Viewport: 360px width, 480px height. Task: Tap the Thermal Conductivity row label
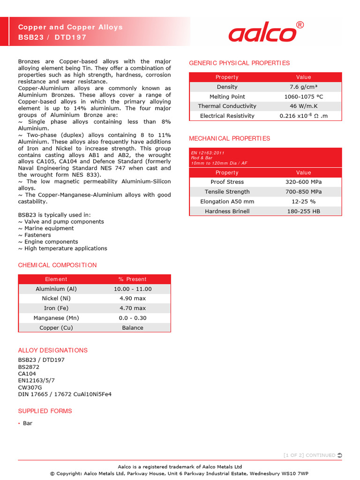click(227, 106)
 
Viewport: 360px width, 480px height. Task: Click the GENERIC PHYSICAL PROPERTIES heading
click(239, 63)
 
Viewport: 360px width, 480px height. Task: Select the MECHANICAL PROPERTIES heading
click(229, 138)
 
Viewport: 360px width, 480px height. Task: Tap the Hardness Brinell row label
click(227, 211)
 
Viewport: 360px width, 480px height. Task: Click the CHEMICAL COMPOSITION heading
click(57, 265)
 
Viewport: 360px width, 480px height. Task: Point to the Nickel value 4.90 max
click(133, 298)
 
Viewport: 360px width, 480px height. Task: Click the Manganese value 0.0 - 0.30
click(133, 318)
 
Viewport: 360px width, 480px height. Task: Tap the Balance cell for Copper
click(133, 328)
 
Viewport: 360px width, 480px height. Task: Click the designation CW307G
click(30, 387)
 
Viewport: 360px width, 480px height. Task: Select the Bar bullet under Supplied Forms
click(28, 423)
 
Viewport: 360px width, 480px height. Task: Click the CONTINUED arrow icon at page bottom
click(339, 455)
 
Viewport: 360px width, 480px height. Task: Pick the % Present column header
click(133, 279)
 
